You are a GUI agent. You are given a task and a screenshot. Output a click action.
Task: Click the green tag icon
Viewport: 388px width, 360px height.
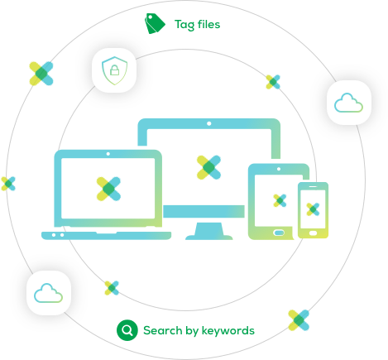click(155, 24)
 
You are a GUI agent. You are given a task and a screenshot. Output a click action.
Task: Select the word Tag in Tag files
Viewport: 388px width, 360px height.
click(184, 25)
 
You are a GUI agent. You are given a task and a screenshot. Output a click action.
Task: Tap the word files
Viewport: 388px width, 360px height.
click(208, 24)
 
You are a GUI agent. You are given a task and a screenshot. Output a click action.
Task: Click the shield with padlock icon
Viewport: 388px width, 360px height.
click(114, 70)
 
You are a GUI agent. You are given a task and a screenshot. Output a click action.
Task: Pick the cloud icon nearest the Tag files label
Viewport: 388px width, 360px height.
click(348, 103)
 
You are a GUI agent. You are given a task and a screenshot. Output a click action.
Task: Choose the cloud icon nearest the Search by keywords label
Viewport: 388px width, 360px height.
click(48, 293)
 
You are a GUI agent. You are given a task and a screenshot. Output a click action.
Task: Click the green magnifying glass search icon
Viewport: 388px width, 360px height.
click(127, 330)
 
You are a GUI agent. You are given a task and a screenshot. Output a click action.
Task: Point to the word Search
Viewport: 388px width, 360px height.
click(163, 330)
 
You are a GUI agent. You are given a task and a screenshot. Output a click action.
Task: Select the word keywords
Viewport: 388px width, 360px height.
click(228, 330)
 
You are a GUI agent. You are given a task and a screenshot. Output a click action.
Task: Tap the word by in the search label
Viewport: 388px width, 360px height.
click(192, 331)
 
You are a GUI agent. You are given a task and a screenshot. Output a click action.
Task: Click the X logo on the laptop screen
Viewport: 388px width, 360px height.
click(108, 189)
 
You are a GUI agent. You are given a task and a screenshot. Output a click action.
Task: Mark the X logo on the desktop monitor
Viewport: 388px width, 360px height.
click(208, 167)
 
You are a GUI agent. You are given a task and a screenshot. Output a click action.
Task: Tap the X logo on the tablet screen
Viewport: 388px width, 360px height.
click(280, 200)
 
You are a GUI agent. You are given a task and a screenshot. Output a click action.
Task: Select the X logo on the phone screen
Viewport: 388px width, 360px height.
click(313, 209)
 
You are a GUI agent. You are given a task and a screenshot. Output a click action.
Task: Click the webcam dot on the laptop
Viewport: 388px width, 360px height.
click(108, 154)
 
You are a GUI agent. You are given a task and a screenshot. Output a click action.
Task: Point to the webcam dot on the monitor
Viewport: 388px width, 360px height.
click(209, 123)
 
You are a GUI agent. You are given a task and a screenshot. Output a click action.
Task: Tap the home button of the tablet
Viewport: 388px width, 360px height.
click(279, 233)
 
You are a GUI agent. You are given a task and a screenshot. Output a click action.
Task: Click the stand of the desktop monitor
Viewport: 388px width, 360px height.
click(208, 231)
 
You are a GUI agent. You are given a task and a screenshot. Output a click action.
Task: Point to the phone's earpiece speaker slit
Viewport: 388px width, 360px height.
click(313, 186)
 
